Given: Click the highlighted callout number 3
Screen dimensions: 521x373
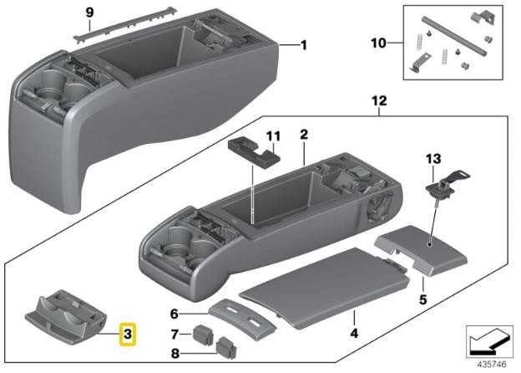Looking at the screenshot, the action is pyautogui.click(x=128, y=334).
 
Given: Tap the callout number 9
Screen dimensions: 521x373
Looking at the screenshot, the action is pyautogui.click(x=89, y=13).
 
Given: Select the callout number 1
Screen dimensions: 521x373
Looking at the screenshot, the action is pyautogui.click(x=304, y=45).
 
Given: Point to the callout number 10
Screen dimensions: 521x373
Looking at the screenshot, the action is pyautogui.click(x=378, y=43).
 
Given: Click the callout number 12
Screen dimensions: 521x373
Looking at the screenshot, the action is pyautogui.click(x=379, y=100).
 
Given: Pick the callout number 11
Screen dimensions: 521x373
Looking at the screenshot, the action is pyautogui.click(x=274, y=136).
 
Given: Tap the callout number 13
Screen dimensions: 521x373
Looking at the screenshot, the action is pyautogui.click(x=433, y=159).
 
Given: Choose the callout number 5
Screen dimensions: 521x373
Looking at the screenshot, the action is pyautogui.click(x=422, y=299).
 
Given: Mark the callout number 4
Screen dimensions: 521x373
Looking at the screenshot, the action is pyautogui.click(x=354, y=333).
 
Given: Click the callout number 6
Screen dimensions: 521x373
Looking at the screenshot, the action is pyautogui.click(x=175, y=314).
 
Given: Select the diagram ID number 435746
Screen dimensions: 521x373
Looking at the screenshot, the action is pyautogui.click(x=492, y=365).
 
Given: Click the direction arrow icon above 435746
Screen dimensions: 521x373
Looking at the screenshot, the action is pyautogui.click(x=489, y=341).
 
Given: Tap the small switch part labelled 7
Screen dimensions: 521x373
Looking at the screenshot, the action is pyautogui.click(x=203, y=334).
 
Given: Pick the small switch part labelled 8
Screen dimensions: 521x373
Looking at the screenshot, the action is pyautogui.click(x=227, y=348).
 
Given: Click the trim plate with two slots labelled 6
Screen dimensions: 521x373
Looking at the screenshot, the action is pyautogui.click(x=242, y=319).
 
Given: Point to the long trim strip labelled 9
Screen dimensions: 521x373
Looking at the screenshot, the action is pyautogui.click(x=126, y=24).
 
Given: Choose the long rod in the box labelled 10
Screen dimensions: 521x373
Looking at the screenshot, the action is pyautogui.click(x=454, y=36).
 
